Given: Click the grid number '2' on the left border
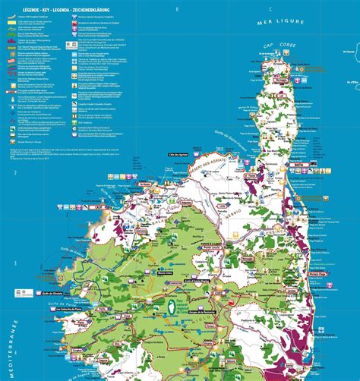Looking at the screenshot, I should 15,173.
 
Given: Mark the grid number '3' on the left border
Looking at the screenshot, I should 15,263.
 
